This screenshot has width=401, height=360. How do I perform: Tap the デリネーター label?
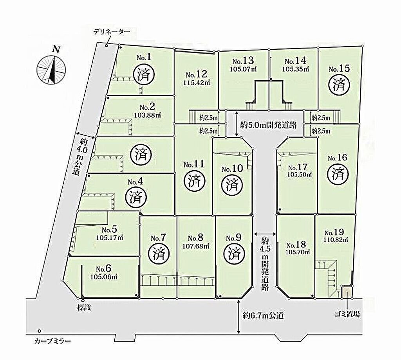112,32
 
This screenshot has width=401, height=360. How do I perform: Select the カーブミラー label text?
52,341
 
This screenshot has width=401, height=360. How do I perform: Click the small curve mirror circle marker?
39,331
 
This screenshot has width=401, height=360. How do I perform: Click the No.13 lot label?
243,61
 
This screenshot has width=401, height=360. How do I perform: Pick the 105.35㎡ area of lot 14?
296,69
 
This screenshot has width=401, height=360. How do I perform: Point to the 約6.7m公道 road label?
264,315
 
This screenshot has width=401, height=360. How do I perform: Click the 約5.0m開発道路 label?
268,125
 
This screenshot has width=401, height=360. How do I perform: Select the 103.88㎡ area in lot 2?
148,115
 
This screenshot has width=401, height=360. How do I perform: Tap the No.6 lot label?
104,268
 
